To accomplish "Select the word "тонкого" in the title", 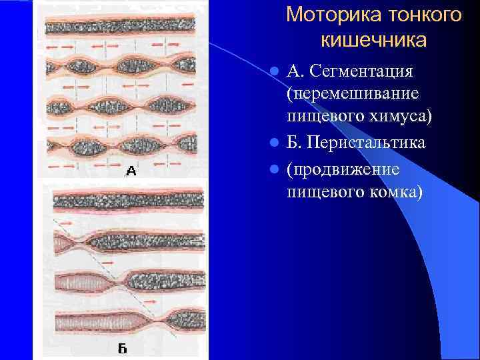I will click(423, 15).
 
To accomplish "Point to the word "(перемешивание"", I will click(353, 93).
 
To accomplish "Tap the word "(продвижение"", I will click(343, 169).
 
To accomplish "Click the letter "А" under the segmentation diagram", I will click(131, 171).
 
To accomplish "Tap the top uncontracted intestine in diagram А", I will click(120, 25).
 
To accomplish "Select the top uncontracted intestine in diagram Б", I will click(127, 198).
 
